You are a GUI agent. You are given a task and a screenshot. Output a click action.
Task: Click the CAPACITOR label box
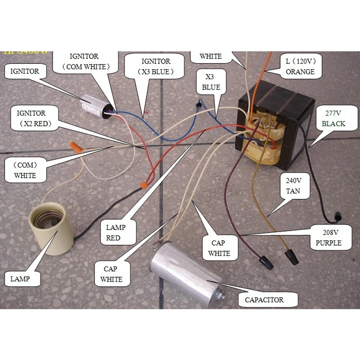(x=264, y=300)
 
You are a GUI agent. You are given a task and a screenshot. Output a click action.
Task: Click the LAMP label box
(x=20, y=279)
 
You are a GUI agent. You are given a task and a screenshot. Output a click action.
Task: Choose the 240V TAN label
(x=293, y=185)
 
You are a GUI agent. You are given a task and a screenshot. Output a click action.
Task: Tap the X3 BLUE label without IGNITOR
(x=211, y=82)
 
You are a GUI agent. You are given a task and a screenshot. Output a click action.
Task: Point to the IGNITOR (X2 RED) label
(x=31, y=118)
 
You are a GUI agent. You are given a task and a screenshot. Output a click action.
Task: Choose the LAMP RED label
(x=116, y=232)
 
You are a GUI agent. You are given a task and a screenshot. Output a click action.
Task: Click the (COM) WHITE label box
(x=25, y=169)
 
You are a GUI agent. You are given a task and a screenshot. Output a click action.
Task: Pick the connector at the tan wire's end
(x=293, y=258)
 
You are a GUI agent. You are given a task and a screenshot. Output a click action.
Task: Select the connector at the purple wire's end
(x=266, y=262)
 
